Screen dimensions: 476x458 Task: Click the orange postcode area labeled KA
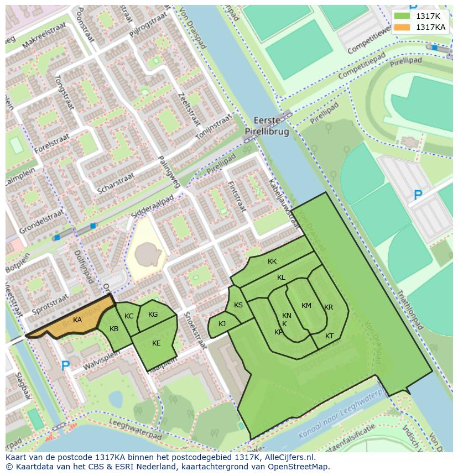tap(77, 320)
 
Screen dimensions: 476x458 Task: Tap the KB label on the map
tap(114, 329)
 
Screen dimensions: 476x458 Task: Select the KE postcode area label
tap(157, 343)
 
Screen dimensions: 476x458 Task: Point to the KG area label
tap(153, 315)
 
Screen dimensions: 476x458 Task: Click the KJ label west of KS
tap(222, 324)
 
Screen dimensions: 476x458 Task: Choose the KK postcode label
tap(272, 261)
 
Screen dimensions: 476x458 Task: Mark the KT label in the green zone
tap(330, 336)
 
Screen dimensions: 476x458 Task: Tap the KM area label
tap(306, 306)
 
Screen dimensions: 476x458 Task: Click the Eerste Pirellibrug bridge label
tap(267, 126)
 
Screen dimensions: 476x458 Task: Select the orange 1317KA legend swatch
tap(402, 27)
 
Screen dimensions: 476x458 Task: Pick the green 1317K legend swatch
tap(402, 16)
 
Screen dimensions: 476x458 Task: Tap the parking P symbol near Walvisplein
tap(65, 365)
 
